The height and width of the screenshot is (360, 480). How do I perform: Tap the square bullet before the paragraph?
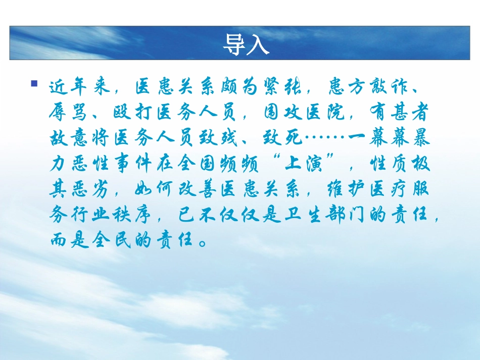34,83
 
